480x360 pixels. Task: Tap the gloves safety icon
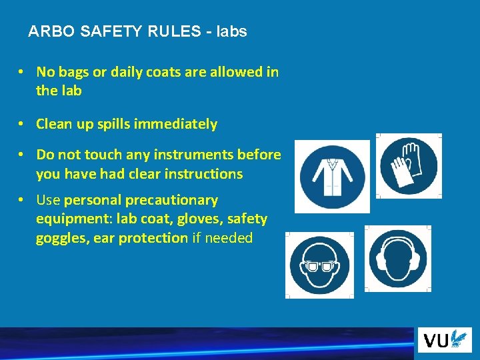408,165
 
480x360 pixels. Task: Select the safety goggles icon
319,265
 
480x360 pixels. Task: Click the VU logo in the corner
443,341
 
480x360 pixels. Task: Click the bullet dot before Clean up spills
22,124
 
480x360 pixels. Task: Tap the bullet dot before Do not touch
22,155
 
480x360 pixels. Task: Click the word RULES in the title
169,31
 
